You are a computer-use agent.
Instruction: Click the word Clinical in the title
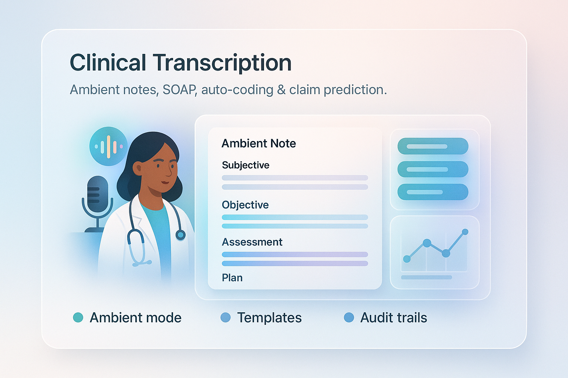click(108, 63)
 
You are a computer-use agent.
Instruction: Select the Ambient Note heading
click(258, 143)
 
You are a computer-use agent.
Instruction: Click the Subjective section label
click(246, 165)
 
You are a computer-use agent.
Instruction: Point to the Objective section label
click(245, 205)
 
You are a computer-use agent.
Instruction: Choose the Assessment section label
click(252, 242)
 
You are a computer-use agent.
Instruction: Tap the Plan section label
click(232, 278)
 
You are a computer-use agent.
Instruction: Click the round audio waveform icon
click(108, 146)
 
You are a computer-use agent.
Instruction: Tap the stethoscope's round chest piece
click(180, 235)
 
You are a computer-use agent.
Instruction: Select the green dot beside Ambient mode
click(78, 317)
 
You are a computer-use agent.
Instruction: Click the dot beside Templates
click(226, 317)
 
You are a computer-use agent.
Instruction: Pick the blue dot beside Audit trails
click(349, 317)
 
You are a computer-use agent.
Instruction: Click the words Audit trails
click(393, 317)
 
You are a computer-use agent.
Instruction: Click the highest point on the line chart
click(465, 232)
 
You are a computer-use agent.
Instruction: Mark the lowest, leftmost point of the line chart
click(407, 259)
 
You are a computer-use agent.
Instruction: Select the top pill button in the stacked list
click(433, 146)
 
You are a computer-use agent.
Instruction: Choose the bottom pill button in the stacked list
click(433, 192)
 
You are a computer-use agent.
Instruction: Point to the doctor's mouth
click(165, 182)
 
